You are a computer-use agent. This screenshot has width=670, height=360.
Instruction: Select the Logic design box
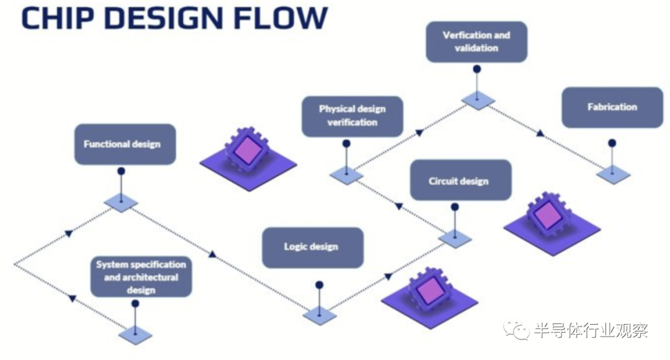[x=312, y=247]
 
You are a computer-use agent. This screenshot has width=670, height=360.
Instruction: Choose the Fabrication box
[x=612, y=107]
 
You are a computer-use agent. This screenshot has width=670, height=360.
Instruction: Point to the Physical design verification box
[x=352, y=116]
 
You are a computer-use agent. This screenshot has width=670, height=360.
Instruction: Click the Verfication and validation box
[x=476, y=42]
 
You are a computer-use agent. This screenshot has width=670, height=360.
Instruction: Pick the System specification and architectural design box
[x=141, y=277]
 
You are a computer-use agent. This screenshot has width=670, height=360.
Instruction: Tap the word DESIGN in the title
[x=161, y=19]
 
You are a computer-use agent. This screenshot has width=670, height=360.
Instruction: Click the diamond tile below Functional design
[x=121, y=202]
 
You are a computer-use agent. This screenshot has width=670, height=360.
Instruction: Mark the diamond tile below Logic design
[x=319, y=315]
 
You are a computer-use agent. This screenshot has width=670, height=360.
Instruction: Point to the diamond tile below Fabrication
[x=613, y=174]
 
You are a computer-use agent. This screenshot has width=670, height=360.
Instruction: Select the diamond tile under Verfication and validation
[x=478, y=100]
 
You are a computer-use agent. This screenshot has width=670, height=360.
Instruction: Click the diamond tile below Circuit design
[x=455, y=238]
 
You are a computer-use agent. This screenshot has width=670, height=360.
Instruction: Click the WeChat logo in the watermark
[x=516, y=330]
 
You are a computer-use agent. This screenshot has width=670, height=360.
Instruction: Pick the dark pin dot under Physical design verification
[x=346, y=144]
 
